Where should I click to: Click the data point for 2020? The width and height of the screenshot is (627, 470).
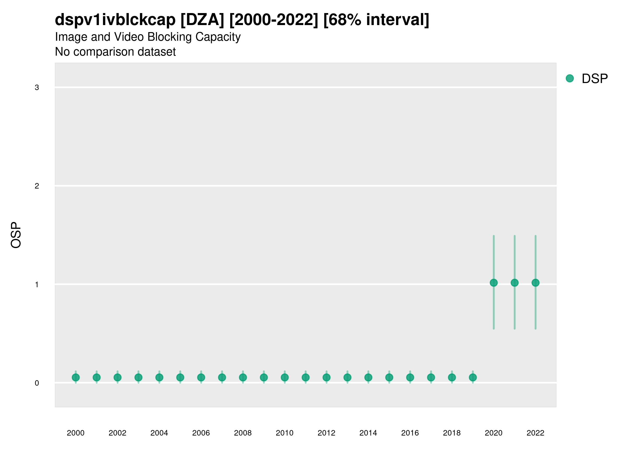point(494,283)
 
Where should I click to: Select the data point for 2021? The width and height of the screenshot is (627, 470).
point(514,283)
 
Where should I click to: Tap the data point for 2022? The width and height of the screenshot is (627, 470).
point(536,283)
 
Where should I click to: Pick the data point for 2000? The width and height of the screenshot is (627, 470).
point(76,377)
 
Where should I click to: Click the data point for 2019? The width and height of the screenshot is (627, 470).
point(473,377)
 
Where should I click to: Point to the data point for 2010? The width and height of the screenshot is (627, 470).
point(285,377)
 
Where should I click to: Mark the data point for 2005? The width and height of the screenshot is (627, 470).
point(180,377)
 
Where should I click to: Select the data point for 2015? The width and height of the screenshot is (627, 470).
point(389,377)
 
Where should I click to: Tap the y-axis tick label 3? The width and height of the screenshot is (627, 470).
point(37,87)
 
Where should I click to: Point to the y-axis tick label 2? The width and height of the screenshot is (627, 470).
point(37,186)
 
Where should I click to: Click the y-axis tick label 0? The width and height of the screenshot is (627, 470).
point(37,383)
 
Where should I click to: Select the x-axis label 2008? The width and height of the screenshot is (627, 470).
point(243,433)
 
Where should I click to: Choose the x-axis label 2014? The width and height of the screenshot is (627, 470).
point(368,433)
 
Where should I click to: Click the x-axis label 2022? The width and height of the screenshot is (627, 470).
point(536,433)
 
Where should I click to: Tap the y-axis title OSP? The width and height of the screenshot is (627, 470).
point(16,235)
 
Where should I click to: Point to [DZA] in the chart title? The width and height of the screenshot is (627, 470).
point(202,20)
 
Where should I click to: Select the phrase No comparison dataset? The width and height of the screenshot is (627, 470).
point(115,52)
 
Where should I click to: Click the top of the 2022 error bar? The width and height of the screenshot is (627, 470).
point(536,236)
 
